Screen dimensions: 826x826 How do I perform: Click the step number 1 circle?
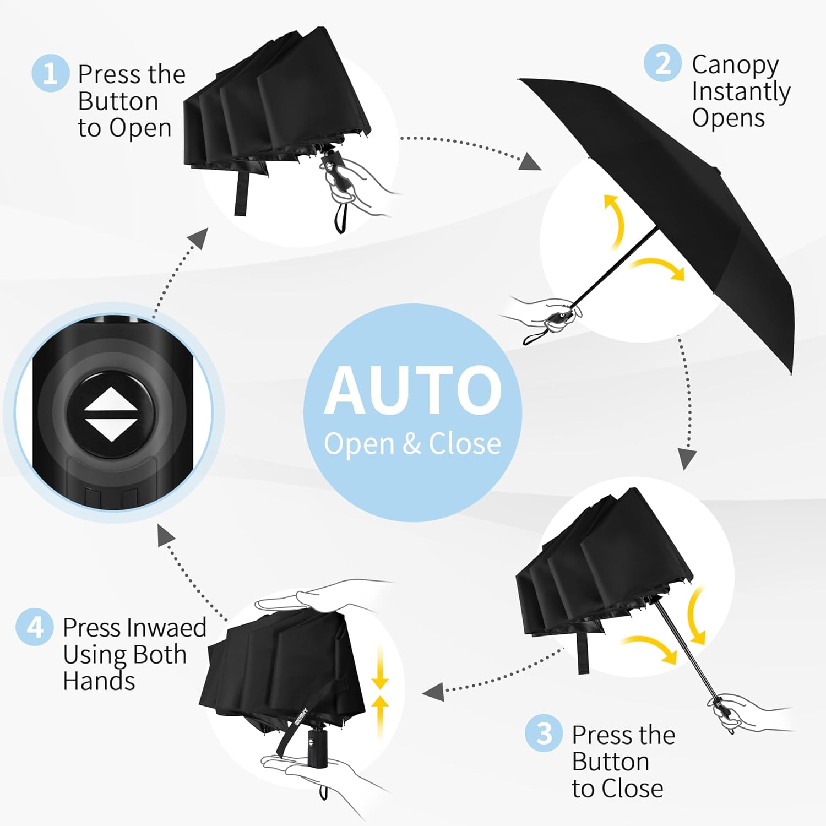pos(50,73)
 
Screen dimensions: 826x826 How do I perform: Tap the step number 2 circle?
pos(663,63)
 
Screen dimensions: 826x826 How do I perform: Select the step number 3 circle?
pos(544,733)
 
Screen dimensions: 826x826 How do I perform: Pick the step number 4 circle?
pos(35,627)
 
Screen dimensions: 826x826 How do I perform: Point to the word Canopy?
pos(735,66)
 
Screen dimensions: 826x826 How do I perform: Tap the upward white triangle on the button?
pos(111,399)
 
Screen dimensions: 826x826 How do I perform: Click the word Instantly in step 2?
pos(741,91)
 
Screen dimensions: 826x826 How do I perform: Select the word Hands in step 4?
pos(99,681)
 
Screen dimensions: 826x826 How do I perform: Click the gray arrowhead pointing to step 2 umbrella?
pos(530,162)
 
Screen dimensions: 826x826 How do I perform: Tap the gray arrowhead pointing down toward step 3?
pos(687,458)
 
